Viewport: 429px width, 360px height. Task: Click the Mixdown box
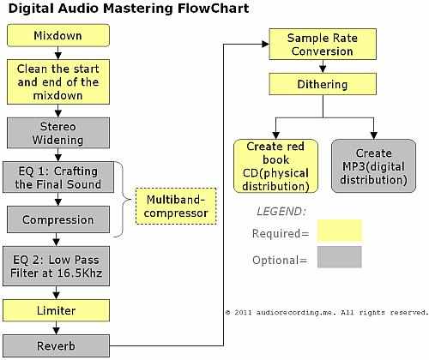pyautogui.click(x=58, y=35)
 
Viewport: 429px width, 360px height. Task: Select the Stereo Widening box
pyautogui.click(x=58, y=133)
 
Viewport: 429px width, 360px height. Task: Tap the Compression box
pyautogui.click(x=58, y=219)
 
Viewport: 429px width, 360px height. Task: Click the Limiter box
pyautogui.click(x=57, y=310)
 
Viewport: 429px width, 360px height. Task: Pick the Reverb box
pyautogui.click(x=57, y=346)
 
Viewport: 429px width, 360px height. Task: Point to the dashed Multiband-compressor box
pyautogui.click(x=176, y=206)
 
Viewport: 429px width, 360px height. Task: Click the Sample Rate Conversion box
pyautogui.click(x=323, y=44)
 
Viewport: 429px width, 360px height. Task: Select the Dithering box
pyautogui.click(x=323, y=84)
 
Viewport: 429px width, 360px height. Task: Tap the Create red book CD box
pyautogui.click(x=275, y=166)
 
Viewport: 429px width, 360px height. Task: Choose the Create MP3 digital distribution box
pyautogui.click(x=373, y=166)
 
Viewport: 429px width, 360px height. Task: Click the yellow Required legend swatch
pyautogui.click(x=340, y=231)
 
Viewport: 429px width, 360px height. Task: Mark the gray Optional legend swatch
pyautogui.click(x=340, y=257)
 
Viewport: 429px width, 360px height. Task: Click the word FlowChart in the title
pyautogui.click(x=214, y=9)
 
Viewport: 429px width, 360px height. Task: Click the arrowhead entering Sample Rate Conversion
pyautogui.click(x=265, y=44)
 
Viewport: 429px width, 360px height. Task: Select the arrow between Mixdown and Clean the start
pyautogui.click(x=58, y=53)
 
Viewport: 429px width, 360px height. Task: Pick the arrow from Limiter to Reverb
pyautogui.click(x=57, y=328)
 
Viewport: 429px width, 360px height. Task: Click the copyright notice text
pyautogui.click(x=327, y=313)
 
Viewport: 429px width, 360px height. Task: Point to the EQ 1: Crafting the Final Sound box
pyautogui.click(x=58, y=177)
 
